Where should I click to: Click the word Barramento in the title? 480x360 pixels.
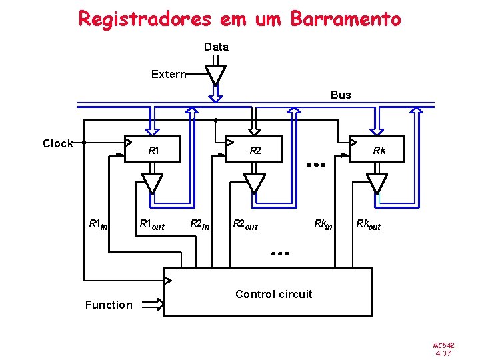(345, 19)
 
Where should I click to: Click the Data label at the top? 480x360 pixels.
(216, 47)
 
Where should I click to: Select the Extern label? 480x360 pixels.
(167, 74)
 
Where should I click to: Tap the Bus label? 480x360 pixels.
(341, 95)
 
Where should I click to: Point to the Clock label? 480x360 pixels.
(57, 143)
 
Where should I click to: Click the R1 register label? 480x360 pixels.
(153, 151)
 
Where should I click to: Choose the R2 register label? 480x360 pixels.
(255, 151)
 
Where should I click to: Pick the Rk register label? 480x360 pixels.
(379, 151)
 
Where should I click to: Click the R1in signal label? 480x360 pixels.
(98, 225)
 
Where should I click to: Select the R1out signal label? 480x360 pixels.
(151, 225)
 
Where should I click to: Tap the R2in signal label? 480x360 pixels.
(199, 225)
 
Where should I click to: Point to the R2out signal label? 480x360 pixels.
(245, 225)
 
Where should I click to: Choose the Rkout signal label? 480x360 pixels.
(368, 225)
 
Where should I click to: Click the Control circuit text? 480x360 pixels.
(273, 294)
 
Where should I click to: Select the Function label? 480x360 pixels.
(109, 305)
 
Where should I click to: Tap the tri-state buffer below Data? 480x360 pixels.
(215, 74)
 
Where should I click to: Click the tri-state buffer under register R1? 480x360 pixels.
(153, 183)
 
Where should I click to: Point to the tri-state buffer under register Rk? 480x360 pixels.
(377, 183)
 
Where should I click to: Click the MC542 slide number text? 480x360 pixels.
(443, 345)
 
